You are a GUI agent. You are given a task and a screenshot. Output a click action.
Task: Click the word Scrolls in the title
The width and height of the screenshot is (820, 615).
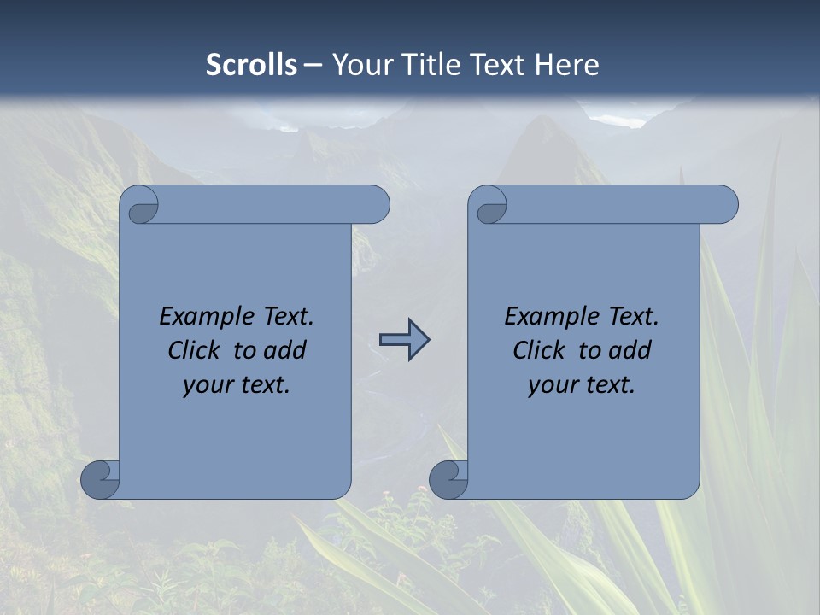click(x=251, y=65)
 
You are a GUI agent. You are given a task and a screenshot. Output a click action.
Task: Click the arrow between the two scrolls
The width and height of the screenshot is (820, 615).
click(x=405, y=340)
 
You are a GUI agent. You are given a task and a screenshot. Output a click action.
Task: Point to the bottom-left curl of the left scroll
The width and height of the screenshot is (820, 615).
click(x=100, y=479)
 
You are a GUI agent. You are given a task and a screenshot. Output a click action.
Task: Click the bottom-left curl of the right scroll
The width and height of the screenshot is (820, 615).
click(x=448, y=479)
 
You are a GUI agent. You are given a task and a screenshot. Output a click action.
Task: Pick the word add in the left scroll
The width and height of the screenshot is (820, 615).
click(x=285, y=350)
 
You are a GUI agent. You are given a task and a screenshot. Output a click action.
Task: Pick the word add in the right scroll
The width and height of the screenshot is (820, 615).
click(x=630, y=350)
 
